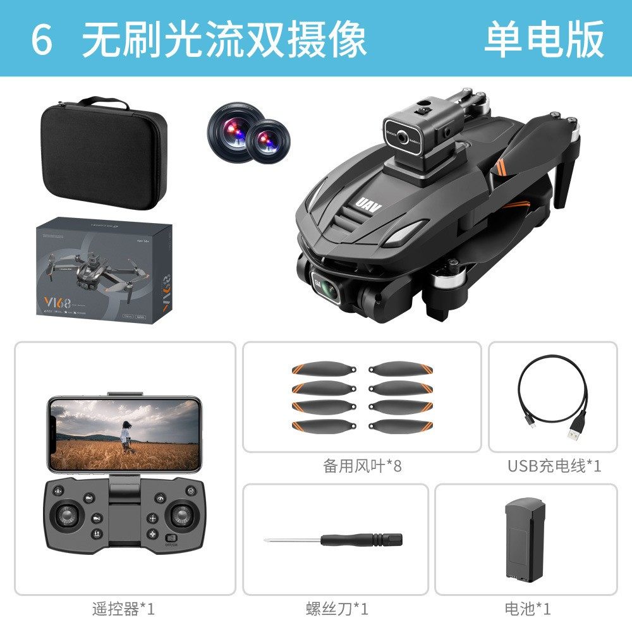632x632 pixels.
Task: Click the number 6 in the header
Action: [42, 39]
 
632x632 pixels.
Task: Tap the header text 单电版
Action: [544, 39]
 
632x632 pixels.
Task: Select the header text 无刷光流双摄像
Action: [224, 39]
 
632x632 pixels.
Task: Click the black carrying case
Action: [103, 155]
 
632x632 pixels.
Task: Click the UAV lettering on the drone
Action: [365, 204]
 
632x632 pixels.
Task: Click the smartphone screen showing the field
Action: [125, 434]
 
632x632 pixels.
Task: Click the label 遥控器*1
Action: [124, 609]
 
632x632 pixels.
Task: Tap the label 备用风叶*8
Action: [362, 466]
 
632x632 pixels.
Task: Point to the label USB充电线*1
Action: [554, 466]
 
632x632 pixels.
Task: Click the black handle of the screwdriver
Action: [361, 540]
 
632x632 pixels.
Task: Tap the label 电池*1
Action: [528, 609]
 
